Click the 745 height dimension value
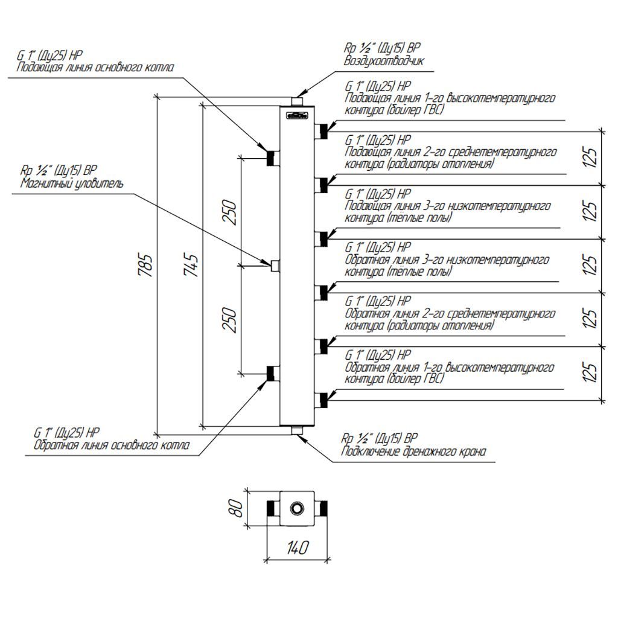(x=191, y=264)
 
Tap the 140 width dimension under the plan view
(x=298, y=547)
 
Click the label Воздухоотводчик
(x=384, y=61)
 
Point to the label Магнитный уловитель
(x=72, y=183)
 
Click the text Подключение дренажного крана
(x=413, y=451)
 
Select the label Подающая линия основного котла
(x=95, y=68)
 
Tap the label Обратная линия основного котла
(x=112, y=446)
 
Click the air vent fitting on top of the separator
(x=298, y=101)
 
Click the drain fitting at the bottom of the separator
(x=298, y=430)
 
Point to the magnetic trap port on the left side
(x=275, y=264)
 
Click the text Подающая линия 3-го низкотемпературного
(x=447, y=206)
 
